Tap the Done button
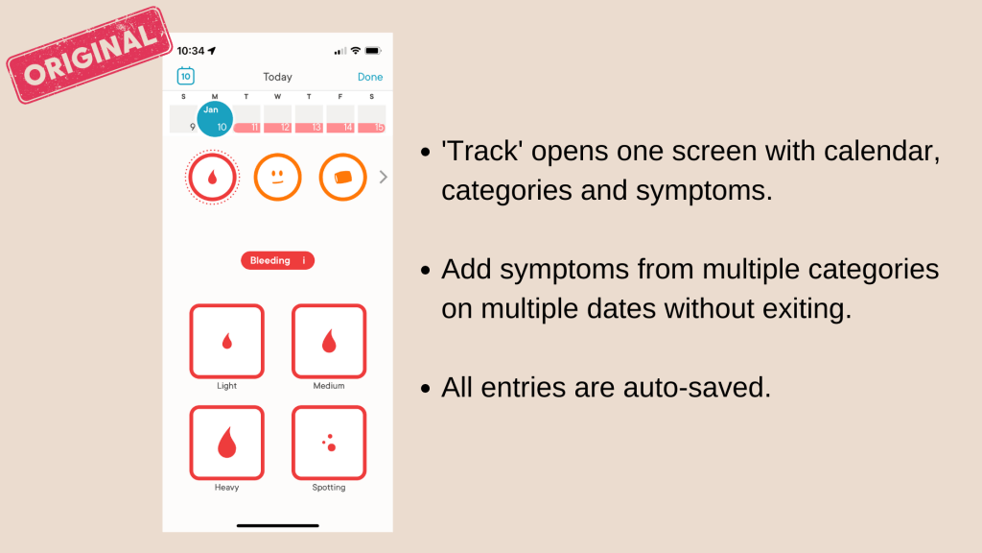369,77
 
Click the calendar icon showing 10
186,77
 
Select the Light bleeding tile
226,341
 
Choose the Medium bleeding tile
329,341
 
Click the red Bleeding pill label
277,261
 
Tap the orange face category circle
277,178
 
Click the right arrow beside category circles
383,177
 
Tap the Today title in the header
277,77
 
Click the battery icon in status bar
373,51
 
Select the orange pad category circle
342,178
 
